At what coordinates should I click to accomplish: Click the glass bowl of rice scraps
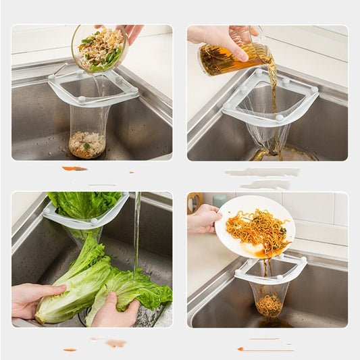[99, 48]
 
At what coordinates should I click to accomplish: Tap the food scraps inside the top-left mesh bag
[87, 143]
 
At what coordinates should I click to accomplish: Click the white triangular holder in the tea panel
[297, 105]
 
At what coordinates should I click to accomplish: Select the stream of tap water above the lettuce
[137, 230]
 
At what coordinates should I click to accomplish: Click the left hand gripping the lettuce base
[30, 299]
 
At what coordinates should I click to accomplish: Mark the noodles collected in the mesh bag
[269, 305]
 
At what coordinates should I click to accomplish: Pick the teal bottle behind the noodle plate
[220, 201]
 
